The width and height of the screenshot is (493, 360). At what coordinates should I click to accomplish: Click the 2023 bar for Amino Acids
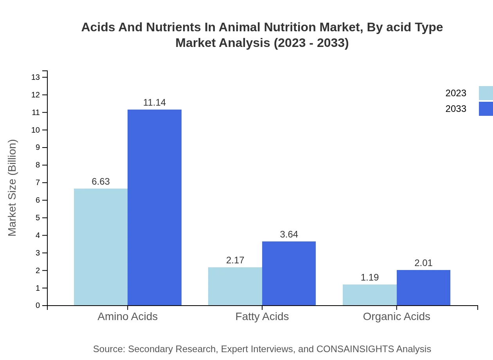coord(101,247)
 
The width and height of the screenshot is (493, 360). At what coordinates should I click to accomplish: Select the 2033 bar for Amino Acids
coord(155,207)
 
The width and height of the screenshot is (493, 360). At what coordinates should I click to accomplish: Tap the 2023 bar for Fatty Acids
coord(235,286)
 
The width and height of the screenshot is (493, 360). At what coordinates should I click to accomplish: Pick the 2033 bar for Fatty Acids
coord(289,273)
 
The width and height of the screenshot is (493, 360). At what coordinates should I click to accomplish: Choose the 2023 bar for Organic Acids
coord(370,295)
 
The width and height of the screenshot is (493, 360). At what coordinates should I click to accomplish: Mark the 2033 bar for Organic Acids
coord(423,288)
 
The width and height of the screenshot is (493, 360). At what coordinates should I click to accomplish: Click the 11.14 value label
coord(155,103)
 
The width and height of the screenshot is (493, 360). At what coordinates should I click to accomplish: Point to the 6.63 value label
coord(101,182)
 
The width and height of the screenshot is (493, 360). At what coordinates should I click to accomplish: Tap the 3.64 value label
coord(289,234)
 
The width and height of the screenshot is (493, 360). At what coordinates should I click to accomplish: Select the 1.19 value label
coord(370,277)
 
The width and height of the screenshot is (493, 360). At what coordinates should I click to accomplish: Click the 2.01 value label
coord(423,263)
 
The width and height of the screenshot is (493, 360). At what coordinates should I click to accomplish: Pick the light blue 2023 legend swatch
coord(486,93)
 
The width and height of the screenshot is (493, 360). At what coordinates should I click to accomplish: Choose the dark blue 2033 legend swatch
coord(486,109)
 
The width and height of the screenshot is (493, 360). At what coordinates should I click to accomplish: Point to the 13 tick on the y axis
coord(36,77)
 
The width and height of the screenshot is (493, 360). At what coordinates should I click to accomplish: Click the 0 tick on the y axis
coord(38,305)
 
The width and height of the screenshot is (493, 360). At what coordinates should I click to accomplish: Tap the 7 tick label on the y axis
coord(38,183)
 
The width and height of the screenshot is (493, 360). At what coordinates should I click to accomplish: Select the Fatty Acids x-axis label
coord(262,316)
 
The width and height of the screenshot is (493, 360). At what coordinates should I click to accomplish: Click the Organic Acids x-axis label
coord(396,316)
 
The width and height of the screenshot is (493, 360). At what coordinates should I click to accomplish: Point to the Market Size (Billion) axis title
coord(12,188)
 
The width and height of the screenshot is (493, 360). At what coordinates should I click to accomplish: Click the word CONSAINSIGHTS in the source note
coord(354,349)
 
